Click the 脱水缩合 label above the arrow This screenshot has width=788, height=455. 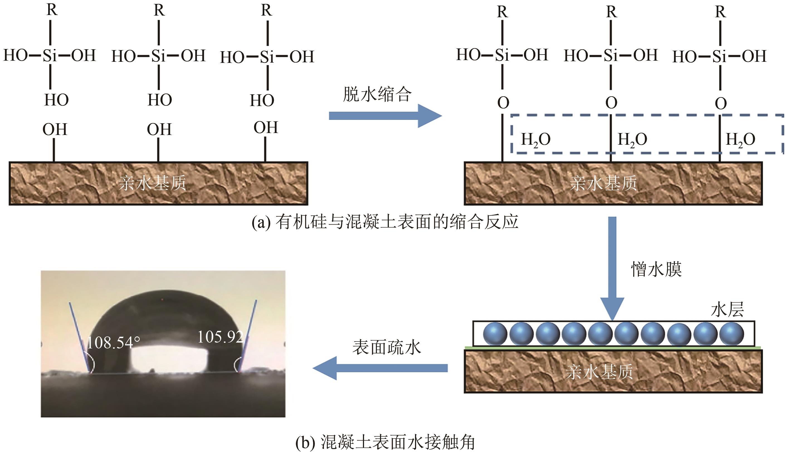[x=377, y=94]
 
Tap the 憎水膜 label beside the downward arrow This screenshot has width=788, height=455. [x=656, y=269]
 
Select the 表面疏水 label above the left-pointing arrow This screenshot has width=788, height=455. [x=387, y=348]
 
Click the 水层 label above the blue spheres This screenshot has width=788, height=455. [x=727, y=310]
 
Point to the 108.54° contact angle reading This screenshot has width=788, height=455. [x=113, y=343]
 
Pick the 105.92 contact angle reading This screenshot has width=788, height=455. [x=220, y=337]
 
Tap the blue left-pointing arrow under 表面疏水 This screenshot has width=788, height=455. [x=380, y=368]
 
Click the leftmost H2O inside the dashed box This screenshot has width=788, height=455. [x=535, y=140]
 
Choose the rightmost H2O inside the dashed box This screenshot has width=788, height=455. [x=740, y=140]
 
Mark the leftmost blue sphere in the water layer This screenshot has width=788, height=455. [x=495, y=334]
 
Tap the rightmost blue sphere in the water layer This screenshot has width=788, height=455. [x=731, y=334]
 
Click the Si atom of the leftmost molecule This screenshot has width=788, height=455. [x=50, y=56]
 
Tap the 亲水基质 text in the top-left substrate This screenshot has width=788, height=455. [x=152, y=183]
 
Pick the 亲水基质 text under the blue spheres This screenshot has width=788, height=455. [x=599, y=372]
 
